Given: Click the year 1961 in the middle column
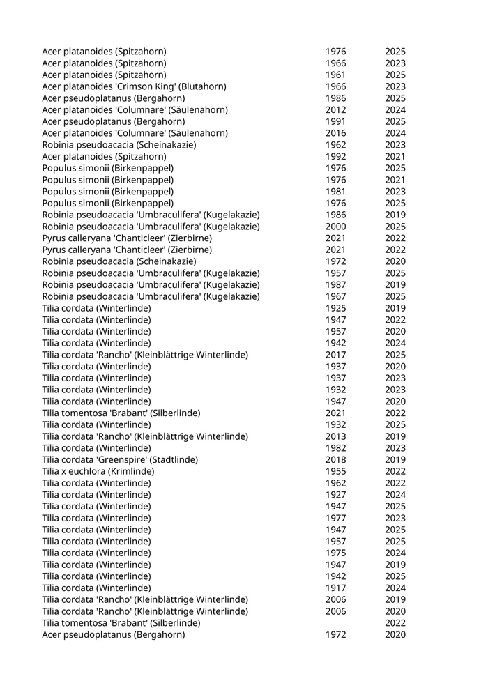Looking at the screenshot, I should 335,75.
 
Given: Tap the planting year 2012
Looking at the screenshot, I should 335,109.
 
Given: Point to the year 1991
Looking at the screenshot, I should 335,121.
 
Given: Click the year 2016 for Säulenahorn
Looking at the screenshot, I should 335,133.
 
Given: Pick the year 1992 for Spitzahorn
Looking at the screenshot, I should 335,156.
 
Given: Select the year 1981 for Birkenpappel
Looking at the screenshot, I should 335,191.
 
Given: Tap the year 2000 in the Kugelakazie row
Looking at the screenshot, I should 335,227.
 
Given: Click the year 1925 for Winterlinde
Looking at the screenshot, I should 335,308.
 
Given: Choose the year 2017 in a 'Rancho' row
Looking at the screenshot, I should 335,355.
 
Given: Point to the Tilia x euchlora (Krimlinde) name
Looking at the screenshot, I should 98,471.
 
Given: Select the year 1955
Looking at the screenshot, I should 335,471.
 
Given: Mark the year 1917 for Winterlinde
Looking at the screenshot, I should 335,588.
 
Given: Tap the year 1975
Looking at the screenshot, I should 335,553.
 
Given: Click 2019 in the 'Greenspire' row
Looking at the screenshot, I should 395,459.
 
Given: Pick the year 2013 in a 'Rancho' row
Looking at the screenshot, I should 335,436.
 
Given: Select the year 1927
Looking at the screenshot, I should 335,495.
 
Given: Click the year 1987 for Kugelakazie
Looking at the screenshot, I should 335,284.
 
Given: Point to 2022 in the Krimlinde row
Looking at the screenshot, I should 395,471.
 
